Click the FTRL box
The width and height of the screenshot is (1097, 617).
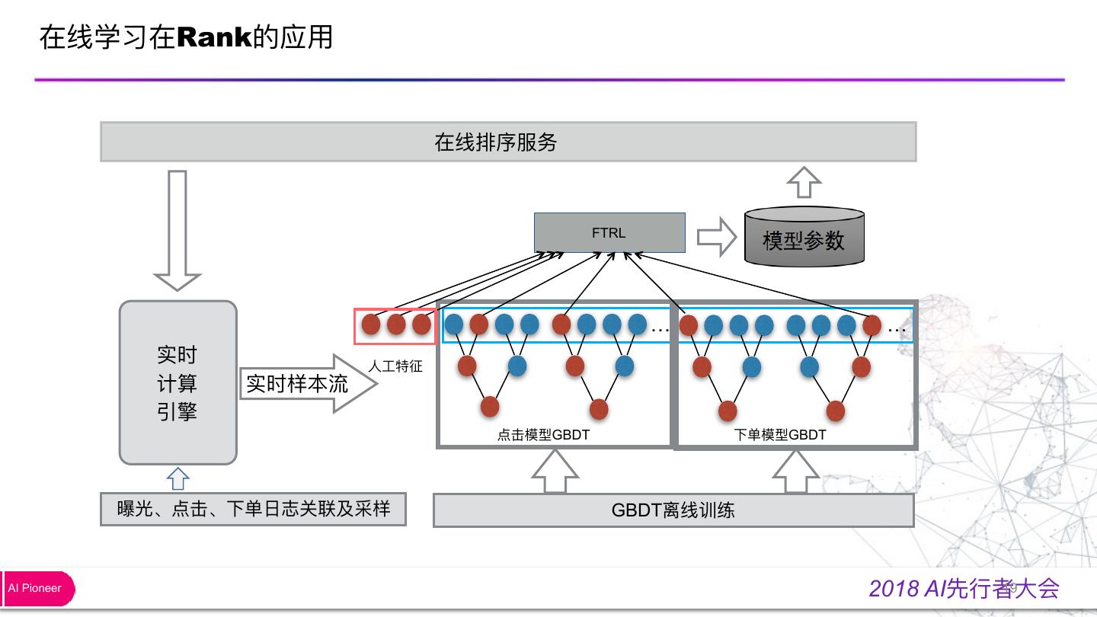[609, 232]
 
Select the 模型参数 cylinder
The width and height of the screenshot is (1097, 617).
[804, 236]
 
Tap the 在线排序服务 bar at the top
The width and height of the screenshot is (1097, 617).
[508, 142]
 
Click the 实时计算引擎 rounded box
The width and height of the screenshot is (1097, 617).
[178, 382]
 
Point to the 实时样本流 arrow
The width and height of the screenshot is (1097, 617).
[309, 383]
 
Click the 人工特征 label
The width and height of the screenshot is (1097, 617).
[395, 366]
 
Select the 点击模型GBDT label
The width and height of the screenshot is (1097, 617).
[543, 434]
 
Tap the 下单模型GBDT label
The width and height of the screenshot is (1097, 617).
[779, 434]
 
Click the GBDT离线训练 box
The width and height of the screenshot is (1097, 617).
[673, 510]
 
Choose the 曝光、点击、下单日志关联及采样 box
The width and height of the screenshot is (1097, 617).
[253, 510]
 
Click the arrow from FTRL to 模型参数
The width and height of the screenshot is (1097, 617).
[717, 237]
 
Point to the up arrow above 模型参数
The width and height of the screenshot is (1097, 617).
[804, 182]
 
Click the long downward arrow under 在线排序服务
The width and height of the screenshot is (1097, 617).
[178, 231]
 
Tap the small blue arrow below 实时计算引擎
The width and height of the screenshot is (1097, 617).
[178, 479]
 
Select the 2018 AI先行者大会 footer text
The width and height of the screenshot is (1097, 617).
[964, 588]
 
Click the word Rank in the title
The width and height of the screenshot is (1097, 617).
[214, 37]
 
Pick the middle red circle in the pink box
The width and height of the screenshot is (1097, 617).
[395, 324]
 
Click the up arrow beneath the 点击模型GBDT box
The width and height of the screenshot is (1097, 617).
[555, 471]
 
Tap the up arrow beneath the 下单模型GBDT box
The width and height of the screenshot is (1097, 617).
[796, 471]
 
